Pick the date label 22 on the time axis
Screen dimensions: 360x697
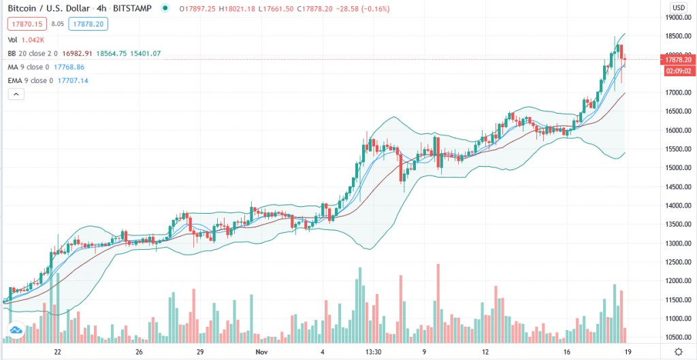[x=58, y=352]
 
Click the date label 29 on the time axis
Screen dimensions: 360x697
[x=200, y=352]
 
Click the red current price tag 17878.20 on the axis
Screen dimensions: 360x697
[x=679, y=60]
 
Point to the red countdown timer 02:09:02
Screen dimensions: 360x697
[x=679, y=70]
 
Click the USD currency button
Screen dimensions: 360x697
[x=678, y=7]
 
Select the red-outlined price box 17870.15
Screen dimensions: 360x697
[x=25, y=24]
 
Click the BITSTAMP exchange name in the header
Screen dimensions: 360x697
[x=132, y=8]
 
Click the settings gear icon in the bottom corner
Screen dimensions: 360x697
[x=678, y=351]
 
